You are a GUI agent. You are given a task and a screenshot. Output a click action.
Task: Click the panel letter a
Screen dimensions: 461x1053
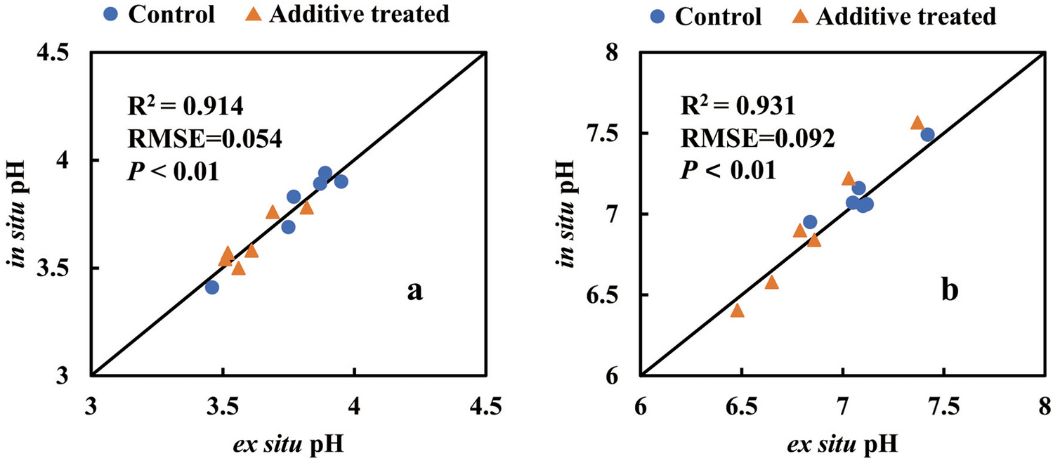tap(414, 290)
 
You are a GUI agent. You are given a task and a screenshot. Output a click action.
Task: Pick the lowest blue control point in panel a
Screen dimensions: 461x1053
tap(212, 287)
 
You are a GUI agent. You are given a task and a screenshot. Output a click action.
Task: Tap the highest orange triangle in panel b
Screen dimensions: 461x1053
tap(917, 123)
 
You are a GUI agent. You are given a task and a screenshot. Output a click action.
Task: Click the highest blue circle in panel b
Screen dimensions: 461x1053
tap(928, 135)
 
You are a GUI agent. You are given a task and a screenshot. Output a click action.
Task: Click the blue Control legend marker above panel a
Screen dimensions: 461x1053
tap(112, 14)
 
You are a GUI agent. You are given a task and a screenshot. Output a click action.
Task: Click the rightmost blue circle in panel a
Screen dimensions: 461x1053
tap(341, 181)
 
